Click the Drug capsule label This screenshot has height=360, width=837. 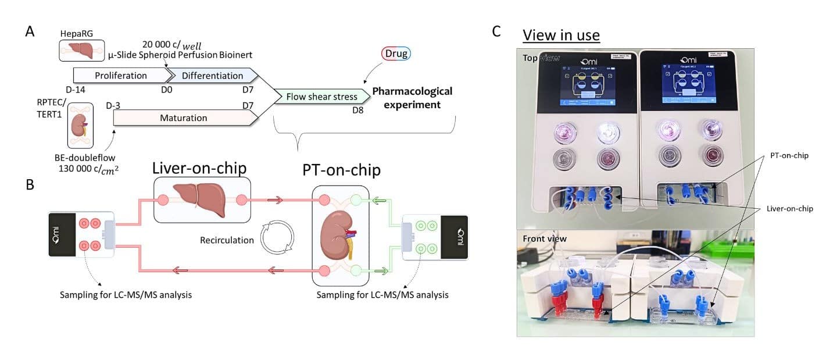tap(396, 54)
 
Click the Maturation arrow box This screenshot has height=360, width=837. tap(184, 117)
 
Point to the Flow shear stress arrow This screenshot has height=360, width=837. tap(321, 97)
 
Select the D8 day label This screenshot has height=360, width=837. tap(357, 109)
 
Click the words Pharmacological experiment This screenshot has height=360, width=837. tap(412, 98)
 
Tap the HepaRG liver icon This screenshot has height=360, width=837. tap(81, 51)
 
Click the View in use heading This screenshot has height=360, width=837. tap(561, 35)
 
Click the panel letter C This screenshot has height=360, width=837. tap(496, 32)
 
